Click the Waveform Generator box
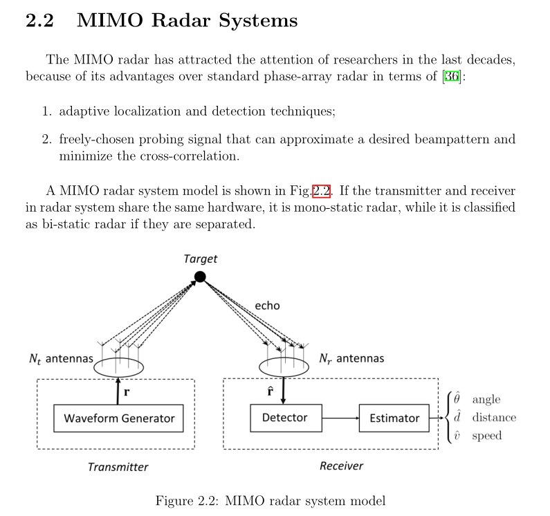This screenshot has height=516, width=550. point(119,418)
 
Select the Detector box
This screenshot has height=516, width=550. point(284,418)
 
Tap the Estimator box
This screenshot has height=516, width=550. point(394,418)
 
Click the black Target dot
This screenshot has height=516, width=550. point(200,277)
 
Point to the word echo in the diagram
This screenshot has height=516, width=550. point(267,305)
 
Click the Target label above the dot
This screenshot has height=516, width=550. point(200,259)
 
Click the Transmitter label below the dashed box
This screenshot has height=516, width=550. point(118,467)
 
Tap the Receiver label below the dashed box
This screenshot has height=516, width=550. point(341,466)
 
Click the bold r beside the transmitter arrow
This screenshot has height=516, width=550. point(127,391)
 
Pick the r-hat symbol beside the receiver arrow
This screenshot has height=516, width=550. point(271,391)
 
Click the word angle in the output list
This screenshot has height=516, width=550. point(486,400)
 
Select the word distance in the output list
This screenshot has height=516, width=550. point(494,418)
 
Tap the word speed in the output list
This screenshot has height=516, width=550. point(487,436)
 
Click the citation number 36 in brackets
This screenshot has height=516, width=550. point(452,77)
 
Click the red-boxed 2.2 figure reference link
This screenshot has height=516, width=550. point(321,191)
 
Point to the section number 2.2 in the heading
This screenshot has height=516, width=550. point(39,21)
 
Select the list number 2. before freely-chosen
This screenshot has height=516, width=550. point(47,140)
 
